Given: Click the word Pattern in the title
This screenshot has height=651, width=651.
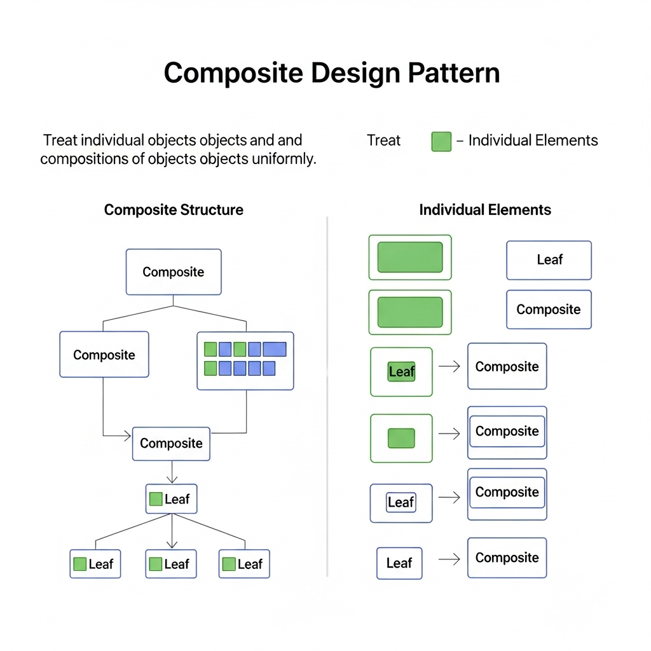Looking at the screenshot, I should [453, 73].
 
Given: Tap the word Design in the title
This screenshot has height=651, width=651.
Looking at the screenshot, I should [355, 73].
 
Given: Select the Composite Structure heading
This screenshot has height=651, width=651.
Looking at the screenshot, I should [174, 210].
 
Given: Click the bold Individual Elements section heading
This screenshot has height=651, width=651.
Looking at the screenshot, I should [485, 210].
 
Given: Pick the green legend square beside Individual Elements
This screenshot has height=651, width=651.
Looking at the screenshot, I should [441, 141].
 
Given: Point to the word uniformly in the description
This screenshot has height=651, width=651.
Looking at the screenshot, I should [284, 159].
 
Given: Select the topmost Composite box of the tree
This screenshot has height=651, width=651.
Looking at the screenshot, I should [174, 272].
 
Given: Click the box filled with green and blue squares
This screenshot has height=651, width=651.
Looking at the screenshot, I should [245, 360].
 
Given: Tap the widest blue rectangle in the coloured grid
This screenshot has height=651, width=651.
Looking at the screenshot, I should [275, 349].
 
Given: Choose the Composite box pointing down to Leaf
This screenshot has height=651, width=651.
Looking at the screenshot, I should [171, 444].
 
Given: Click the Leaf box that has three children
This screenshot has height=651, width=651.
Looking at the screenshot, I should [171, 499].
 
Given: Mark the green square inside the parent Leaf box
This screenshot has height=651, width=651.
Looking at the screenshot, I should [156, 499].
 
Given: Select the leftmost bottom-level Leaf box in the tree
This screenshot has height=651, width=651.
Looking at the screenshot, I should [95, 564].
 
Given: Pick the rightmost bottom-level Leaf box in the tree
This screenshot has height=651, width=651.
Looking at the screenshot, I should [244, 564].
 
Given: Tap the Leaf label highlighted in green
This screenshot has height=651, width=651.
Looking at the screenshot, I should [401, 372].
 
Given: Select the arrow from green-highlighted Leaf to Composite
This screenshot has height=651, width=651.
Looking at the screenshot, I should [449, 367].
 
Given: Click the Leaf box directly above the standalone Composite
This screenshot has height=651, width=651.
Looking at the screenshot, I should [549, 260].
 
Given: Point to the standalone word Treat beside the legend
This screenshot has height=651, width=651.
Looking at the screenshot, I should [383, 140].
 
